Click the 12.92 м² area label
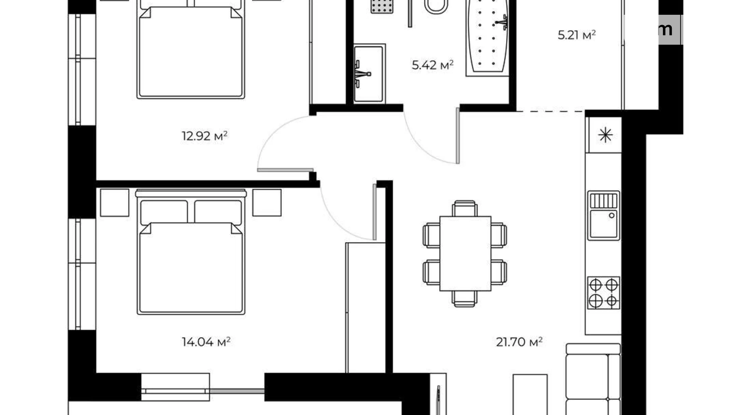(204, 136)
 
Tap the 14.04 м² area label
(206, 342)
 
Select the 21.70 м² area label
(519, 342)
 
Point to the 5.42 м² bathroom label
(432, 65)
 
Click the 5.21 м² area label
(576, 35)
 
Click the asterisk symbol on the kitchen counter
(605, 135)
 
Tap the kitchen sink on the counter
(604, 216)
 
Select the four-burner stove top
(604, 293)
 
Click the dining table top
(465, 254)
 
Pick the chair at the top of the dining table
(465, 208)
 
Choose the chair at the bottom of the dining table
(465, 298)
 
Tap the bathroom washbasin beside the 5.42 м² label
(369, 73)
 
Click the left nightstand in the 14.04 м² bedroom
(114, 203)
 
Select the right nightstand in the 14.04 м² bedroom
(267, 203)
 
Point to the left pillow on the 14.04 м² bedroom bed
(164, 211)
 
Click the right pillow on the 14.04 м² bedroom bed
(218, 211)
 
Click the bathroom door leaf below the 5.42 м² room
(458, 136)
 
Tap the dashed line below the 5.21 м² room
(551, 111)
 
